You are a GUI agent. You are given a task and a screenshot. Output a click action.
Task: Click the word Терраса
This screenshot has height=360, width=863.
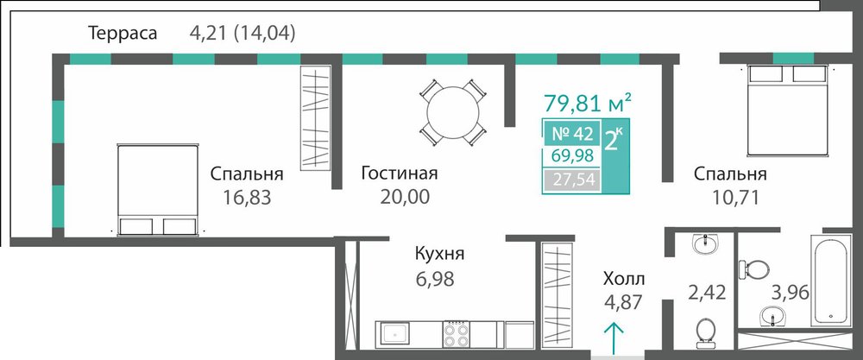(x=123, y=33)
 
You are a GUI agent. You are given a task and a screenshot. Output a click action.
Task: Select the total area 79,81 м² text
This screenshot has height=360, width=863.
(x=587, y=103)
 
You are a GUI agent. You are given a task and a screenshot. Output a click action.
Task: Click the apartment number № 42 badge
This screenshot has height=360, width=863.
(x=571, y=134)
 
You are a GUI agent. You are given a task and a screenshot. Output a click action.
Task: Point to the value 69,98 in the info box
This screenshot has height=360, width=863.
(x=572, y=156)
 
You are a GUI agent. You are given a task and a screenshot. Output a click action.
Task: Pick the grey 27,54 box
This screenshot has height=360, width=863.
(x=572, y=180)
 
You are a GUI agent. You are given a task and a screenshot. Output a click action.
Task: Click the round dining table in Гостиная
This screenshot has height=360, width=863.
(x=453, y=112)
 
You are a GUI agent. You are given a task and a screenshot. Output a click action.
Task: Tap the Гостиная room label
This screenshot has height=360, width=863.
(x=399, y=174)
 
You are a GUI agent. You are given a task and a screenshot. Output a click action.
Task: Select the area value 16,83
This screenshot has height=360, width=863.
(x=247, y=197)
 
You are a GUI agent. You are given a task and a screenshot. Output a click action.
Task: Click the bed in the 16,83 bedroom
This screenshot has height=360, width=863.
(x=158, y=191)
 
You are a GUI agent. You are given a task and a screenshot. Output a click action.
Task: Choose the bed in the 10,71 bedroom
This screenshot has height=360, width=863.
(x=788, y=111)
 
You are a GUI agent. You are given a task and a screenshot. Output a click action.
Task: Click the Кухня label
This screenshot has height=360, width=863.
(x=440, y=255)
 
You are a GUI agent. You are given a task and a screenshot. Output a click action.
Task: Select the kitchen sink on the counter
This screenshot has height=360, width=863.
(x=393, y=333)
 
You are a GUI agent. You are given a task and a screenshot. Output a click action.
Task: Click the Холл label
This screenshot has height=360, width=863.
(x=624, y=279)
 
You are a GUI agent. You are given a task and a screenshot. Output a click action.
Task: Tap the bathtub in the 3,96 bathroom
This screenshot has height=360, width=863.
(x=830, y=279)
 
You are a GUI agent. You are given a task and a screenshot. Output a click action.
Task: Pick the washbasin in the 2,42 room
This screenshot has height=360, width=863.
(x=705, y=243)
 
